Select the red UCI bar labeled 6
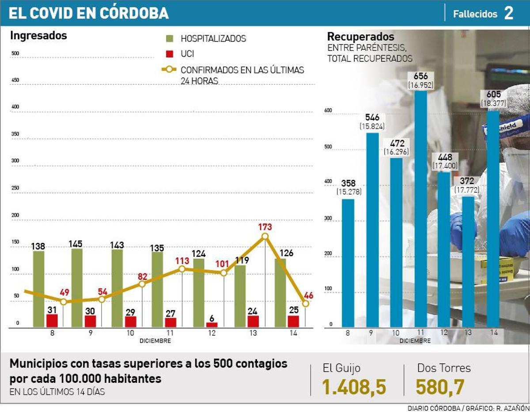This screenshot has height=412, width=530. pyautogui.click(x=212, y=325)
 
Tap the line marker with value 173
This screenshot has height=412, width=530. pyautogui.click(x=265, y=236)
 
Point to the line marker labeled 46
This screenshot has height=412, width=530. pyautogui.click(x=305, y=303)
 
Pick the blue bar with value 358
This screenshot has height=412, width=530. pyautogui.click(x=348, y=263)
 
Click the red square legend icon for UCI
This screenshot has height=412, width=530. pyautogui.click(x=170, y=54)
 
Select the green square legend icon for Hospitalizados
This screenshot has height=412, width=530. pyautogui.click(x=170, y=38)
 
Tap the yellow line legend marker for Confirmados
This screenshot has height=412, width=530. pyautogui.click(x=170, y=70)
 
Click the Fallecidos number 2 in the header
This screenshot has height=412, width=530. pyautogui.click(x=508, y=13)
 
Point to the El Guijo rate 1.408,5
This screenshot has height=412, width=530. pyautogui.click(x=354, y=387)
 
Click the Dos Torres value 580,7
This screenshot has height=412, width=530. pyautogui.click(x=440, y=387)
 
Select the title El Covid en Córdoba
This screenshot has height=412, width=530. pyautogui.click(x=89, y=13)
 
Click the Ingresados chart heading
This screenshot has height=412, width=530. pyautogui.click(x=38, y=36)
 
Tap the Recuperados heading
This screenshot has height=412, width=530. pyautogui.click(x=360, y=37)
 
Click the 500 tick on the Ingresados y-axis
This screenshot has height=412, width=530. pyautogui.click(x=15, y=53)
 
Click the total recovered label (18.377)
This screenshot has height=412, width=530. pyautogui.click(x=494, y=103)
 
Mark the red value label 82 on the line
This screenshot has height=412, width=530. pyautogui.click(x=142, y=276)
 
